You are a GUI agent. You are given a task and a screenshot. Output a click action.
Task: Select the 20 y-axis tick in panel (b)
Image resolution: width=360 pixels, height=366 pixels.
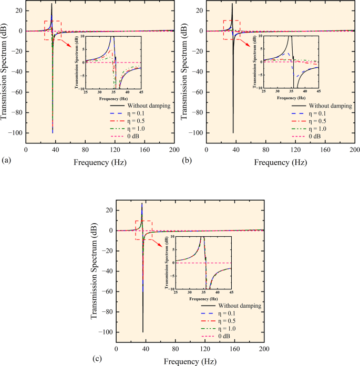click(196, 11)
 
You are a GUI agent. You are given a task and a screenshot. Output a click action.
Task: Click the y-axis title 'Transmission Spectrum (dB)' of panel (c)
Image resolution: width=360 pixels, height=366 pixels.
click(95, 270)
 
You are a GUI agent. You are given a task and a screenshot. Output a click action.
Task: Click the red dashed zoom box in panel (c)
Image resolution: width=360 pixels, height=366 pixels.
click(143, 230)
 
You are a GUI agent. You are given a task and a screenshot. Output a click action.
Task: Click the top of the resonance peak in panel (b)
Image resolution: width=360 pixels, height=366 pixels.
click(232, 4)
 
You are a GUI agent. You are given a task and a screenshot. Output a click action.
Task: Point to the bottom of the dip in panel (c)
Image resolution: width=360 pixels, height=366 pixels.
click(143, 332)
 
